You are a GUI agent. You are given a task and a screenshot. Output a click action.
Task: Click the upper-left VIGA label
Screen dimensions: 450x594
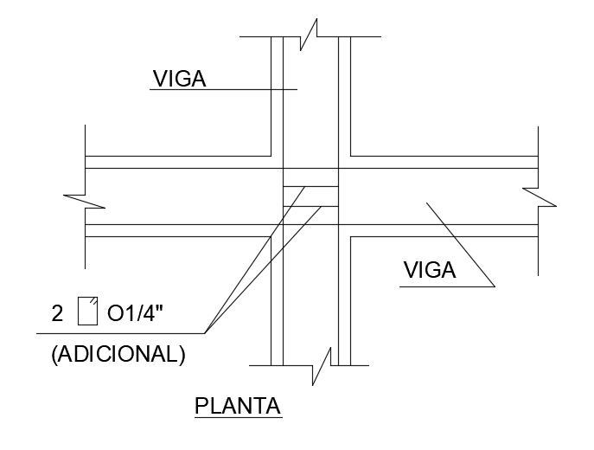pos(179,79)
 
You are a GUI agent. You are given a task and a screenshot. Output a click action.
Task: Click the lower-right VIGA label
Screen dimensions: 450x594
pos(430,271)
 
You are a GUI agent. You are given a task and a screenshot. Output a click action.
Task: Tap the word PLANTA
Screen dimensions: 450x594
pos(238,406)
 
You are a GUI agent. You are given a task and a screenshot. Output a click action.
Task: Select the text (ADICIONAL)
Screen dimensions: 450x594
pos(118,354)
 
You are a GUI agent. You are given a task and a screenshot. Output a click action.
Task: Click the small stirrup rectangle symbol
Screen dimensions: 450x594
pos(87,311)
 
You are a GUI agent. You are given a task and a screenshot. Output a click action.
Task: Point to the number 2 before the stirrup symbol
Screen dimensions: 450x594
pos(57,313)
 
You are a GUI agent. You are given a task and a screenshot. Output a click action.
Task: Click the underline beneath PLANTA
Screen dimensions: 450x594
pos(238,418)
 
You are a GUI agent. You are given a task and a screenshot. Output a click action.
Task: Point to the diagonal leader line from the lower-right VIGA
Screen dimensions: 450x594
pos(458,243)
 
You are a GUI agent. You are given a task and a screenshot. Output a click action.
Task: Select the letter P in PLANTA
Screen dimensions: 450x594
pos(201,406)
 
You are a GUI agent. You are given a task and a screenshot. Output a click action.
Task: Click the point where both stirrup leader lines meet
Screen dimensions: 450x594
pos(205,332)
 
